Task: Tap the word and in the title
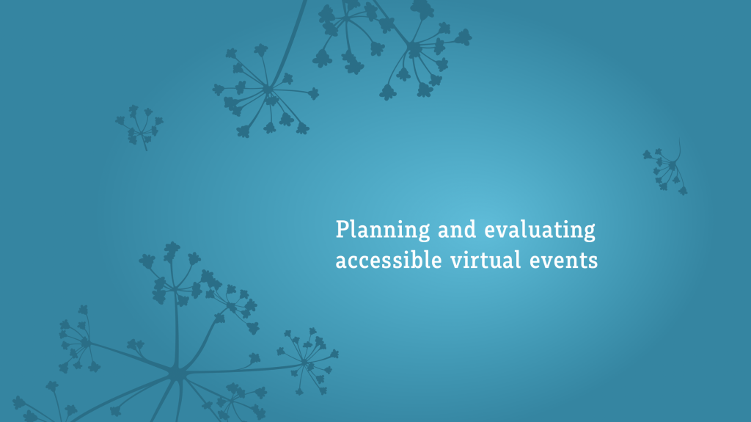[x=457, y=229]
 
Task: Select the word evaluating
[x=540, y=230]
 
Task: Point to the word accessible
[x=389, y=260]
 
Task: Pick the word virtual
[x=486, y=260]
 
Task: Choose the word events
[x=564, y=261]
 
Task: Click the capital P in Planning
[x=342, y=229]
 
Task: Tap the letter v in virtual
[x=456, y=263]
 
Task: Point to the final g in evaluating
[x=589, y=233]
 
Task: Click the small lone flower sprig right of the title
[x=666, y=168]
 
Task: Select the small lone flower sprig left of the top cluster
[x=139, y=126]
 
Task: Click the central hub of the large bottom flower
[x=176, y=373]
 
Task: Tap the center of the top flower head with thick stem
[x=267, y=90]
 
